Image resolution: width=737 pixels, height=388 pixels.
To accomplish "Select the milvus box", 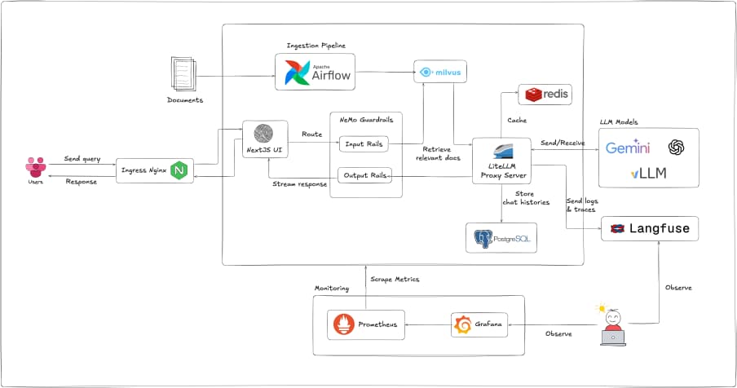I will point(439,72).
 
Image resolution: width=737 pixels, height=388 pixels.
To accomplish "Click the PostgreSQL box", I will point(501,239).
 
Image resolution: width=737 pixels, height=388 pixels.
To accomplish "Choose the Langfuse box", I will point(651,229).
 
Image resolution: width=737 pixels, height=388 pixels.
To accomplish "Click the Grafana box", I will point(478,325).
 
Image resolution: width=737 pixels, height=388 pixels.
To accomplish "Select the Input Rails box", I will point(363,143).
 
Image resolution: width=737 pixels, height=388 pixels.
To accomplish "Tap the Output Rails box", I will point(364,174).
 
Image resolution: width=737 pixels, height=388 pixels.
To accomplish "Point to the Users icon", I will point(35,169).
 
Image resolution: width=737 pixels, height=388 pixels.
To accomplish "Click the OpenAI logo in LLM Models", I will point(677,148).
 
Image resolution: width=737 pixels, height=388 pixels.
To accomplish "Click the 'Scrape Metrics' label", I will point(395,279).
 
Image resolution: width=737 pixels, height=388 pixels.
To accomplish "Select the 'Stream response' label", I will point(298,184).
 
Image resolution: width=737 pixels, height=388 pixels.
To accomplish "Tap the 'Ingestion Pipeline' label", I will point(315,44).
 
